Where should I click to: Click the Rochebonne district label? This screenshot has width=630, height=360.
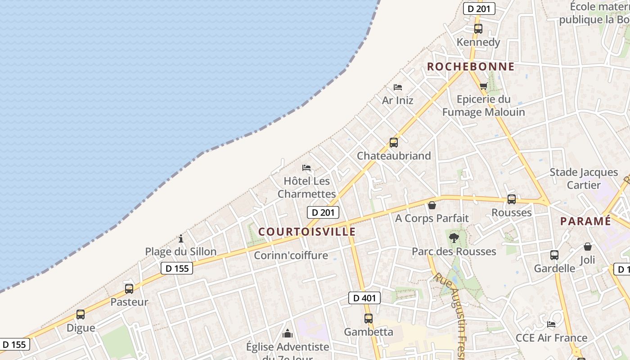(470, 67)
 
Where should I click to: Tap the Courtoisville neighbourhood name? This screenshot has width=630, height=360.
(307, 232)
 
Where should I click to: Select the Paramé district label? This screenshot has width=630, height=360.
(585, 221)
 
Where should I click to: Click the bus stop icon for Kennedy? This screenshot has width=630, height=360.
(478, 29)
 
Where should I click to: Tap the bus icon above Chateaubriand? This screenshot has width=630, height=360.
(394, 143)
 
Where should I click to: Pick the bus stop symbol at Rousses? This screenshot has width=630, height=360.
(511, 199)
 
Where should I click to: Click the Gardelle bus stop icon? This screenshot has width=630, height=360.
(554, 255)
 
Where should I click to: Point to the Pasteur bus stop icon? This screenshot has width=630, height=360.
(129, 289)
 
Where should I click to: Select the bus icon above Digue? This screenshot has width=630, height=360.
(81, 315)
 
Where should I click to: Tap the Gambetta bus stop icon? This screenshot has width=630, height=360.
(369, 319)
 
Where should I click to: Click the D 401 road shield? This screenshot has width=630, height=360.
(364, 297)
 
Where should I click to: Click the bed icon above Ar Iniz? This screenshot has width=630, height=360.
(397, 87)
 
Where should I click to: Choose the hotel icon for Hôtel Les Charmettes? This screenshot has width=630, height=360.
(306, 168)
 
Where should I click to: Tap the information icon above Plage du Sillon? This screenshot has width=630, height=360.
(181, 238)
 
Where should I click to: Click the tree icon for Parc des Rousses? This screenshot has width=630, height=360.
(454, 238)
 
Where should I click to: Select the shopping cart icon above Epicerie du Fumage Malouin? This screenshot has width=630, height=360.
(483, 86)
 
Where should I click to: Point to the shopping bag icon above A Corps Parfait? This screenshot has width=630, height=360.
(432, 205)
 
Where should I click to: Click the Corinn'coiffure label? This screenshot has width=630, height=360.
(291, 256)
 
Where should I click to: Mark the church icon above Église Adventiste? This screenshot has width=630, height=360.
(287, 333)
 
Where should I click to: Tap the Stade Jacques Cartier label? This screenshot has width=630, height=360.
(584, 179)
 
